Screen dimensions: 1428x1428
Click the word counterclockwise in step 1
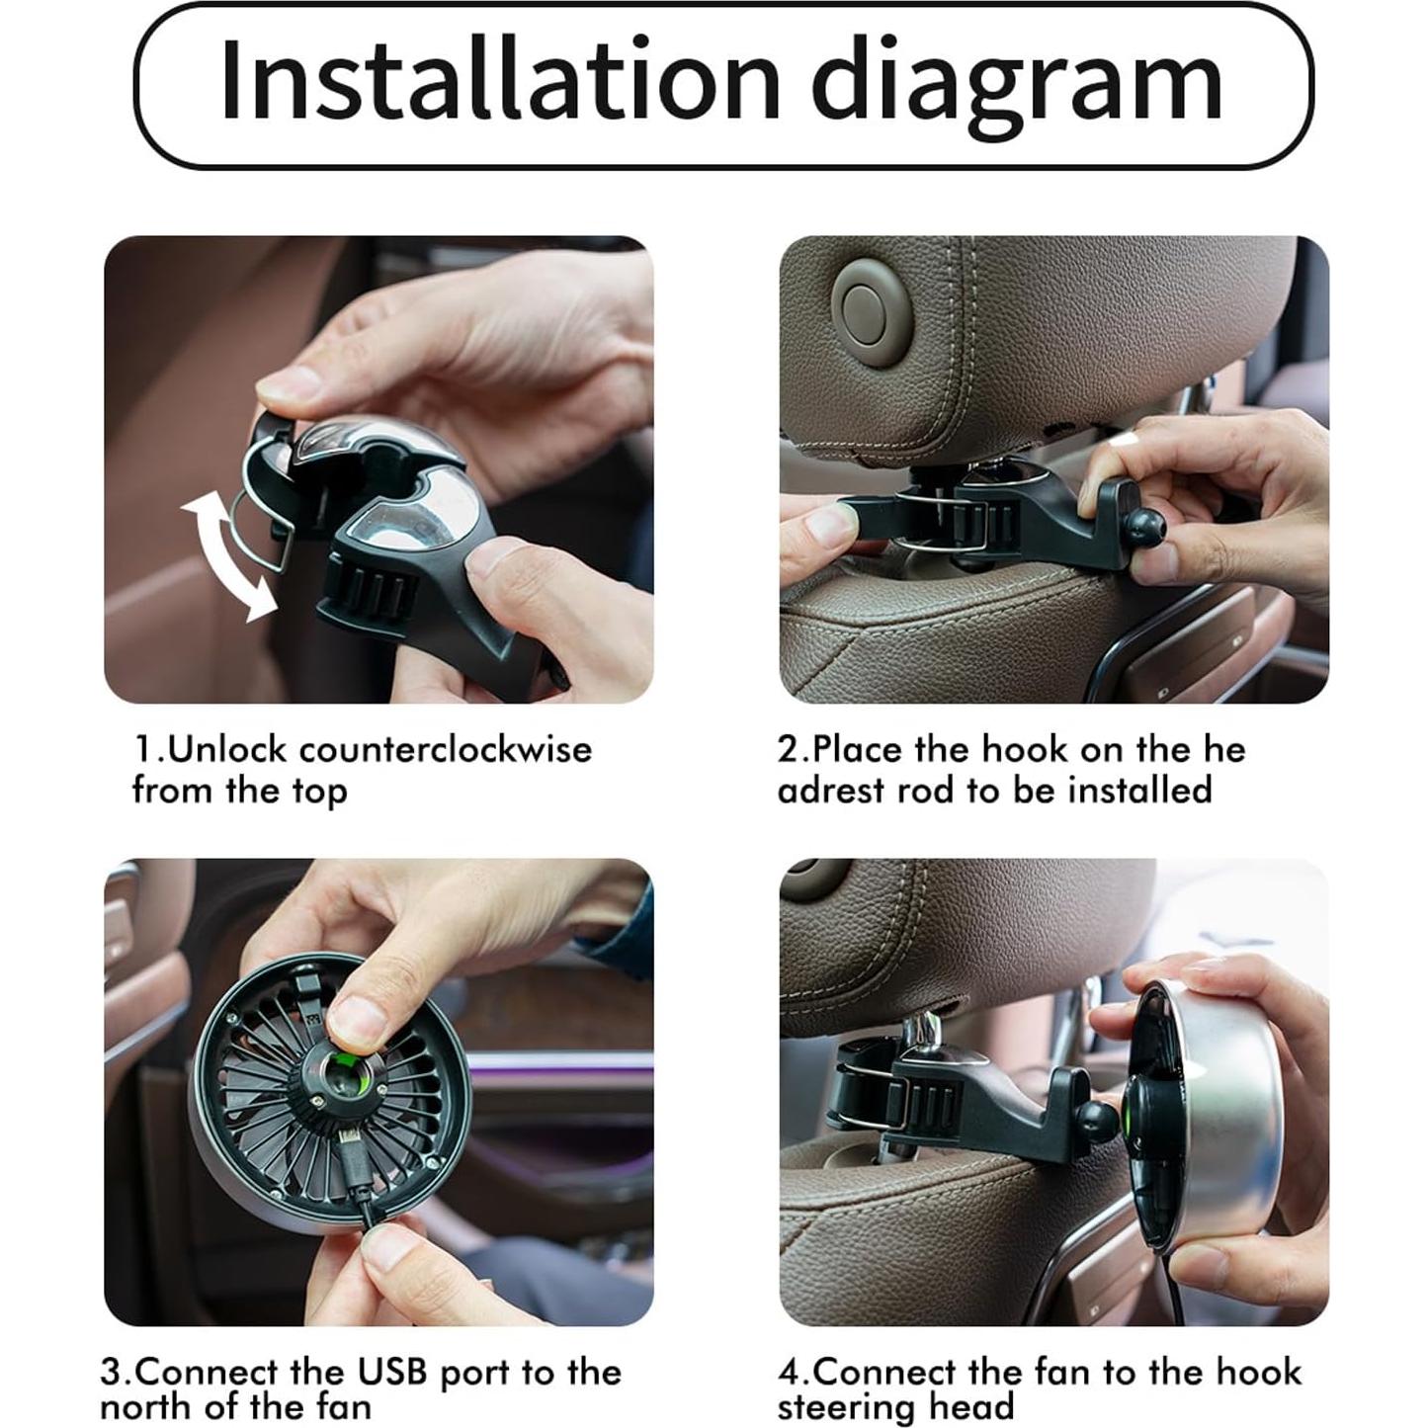click(x=446, y=750)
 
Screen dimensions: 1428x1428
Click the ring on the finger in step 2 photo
click(x=1124, y=443)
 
